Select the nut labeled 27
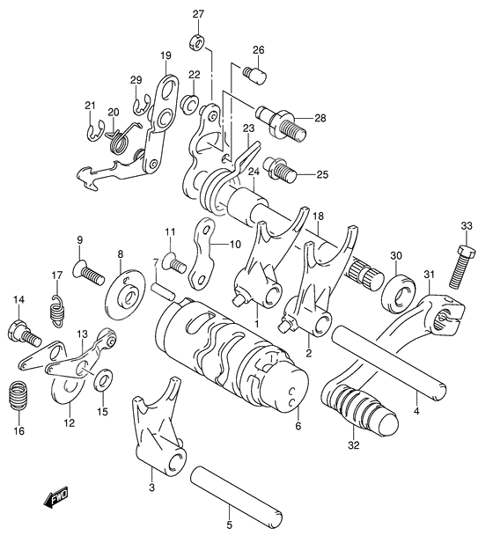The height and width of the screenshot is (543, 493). [x=198, y=41]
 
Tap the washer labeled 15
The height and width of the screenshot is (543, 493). [x=103, y=379]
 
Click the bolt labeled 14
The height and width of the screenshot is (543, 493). [x=21, y=333]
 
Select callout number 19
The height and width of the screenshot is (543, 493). [x=165, y=56]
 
